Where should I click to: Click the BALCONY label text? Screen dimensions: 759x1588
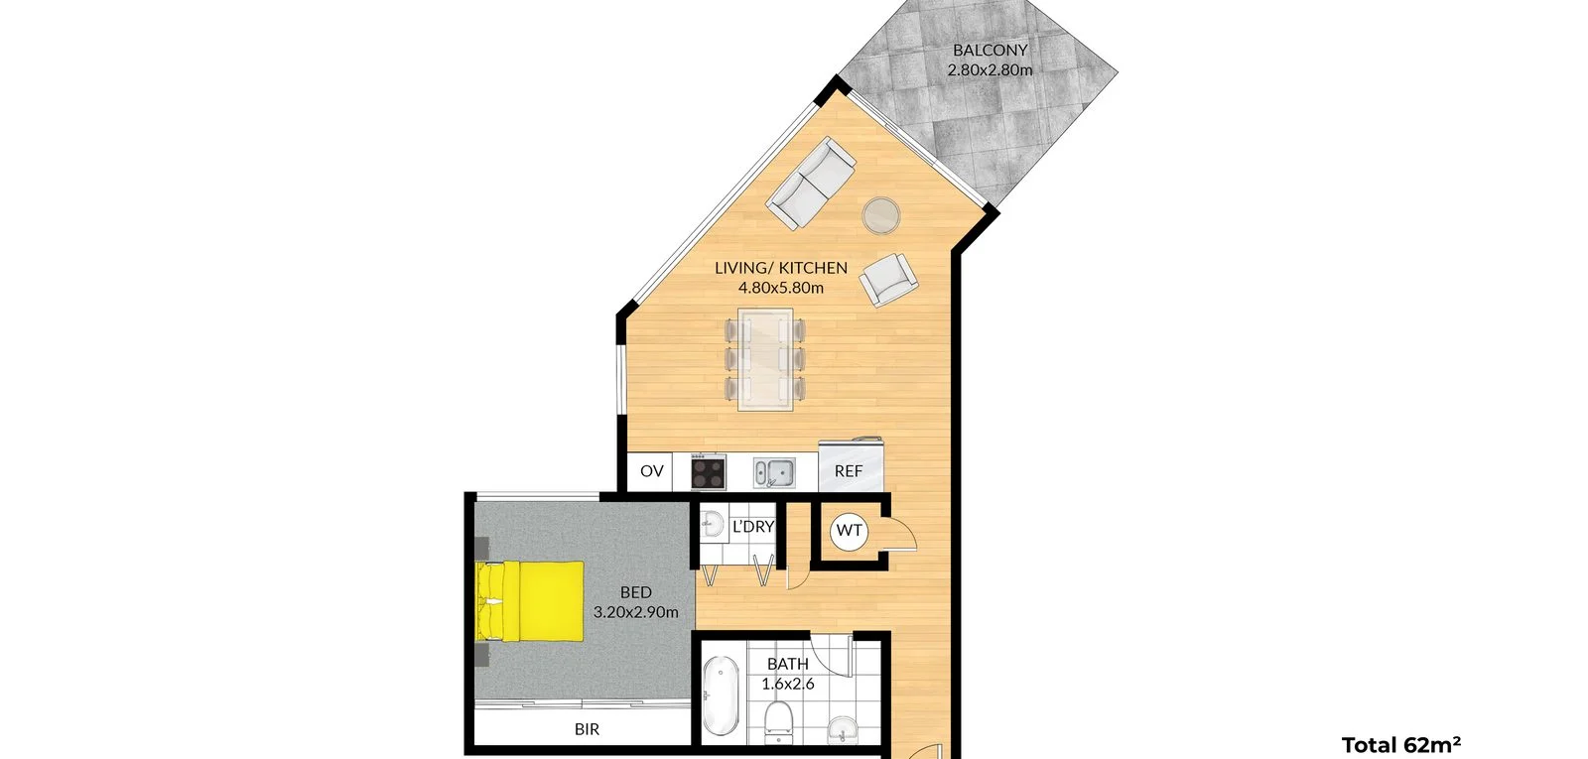click(990, 50)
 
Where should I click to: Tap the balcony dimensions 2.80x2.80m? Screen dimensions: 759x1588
click(990, 70)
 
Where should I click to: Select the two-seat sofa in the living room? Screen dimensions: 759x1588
click(811, 184)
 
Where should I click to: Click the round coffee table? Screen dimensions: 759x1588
click(881, 215)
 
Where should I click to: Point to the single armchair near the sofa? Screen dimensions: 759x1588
click(887, 280)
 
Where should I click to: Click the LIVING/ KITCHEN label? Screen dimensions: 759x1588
click(781, 268)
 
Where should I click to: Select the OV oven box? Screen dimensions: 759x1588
click(651, 471)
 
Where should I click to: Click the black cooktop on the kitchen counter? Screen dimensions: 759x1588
click(709, 471)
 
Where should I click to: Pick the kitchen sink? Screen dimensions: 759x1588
click(773, 472)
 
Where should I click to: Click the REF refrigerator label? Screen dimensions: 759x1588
click(849, 472)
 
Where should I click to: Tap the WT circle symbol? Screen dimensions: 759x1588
click(849, 531)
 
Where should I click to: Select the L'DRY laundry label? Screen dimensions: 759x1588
click(752, 527)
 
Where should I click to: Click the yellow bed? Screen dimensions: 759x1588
click(530, 601)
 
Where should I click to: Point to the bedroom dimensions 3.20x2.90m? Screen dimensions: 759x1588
click(636, 613)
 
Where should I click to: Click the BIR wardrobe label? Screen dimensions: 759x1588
click(587, 729)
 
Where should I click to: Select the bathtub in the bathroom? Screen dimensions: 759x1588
click(722, 697)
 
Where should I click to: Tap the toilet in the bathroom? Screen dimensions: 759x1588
click(778, 719)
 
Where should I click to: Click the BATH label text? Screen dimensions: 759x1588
click(788, 664)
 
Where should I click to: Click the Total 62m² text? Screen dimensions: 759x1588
click(1400, 745)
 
